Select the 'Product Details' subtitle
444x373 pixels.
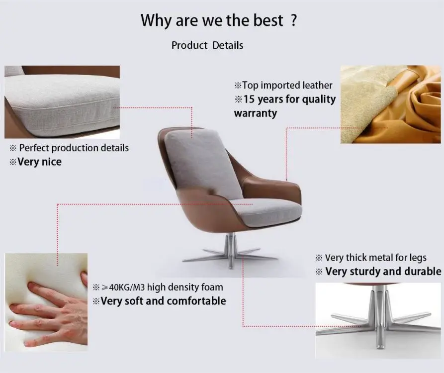tap(207, 45)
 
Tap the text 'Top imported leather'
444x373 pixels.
tap(287, 86)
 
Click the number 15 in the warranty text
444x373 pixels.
tap(250, 99)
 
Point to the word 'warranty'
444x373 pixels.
tap(255, 113)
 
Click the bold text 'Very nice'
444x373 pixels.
tap(39, 162)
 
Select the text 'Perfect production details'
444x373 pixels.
tap(74, 148)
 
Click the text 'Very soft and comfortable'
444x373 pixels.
tap(163, 301)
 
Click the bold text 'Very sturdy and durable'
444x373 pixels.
tap(383, 272)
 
